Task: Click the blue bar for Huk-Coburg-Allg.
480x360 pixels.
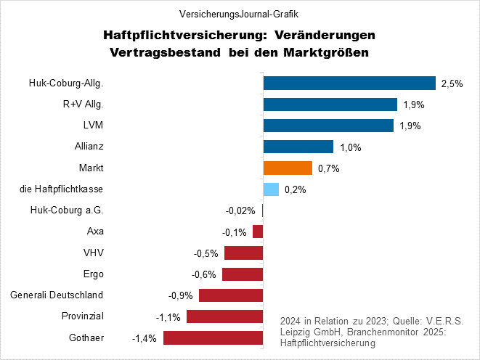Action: [x=349, y=83]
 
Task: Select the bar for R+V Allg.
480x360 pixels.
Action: [x=330, y=105]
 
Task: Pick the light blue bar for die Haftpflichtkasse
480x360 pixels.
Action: [x=271, y=189]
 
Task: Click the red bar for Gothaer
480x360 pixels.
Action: [x=213, y=337]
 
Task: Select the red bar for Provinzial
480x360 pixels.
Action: [x=224, y=316]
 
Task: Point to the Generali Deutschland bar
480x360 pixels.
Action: [x=230, y=295]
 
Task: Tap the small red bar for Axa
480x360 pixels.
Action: [x=258, y=232]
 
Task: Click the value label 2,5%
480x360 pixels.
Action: [x=452, y=83]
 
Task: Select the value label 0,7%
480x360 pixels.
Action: [x=328, y=168]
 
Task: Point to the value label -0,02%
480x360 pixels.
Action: [x=241, y=210]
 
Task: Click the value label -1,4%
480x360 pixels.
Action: [x=144, y=337]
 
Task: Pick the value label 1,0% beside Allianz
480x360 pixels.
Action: [x=351, y=147]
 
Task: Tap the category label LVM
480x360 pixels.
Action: [x=94, y=126]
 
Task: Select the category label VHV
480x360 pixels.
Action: [x=94, y=253]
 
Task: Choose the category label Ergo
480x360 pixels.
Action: [x=94, y=274]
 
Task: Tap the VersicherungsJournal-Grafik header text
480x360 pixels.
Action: [x=240, y=13]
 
